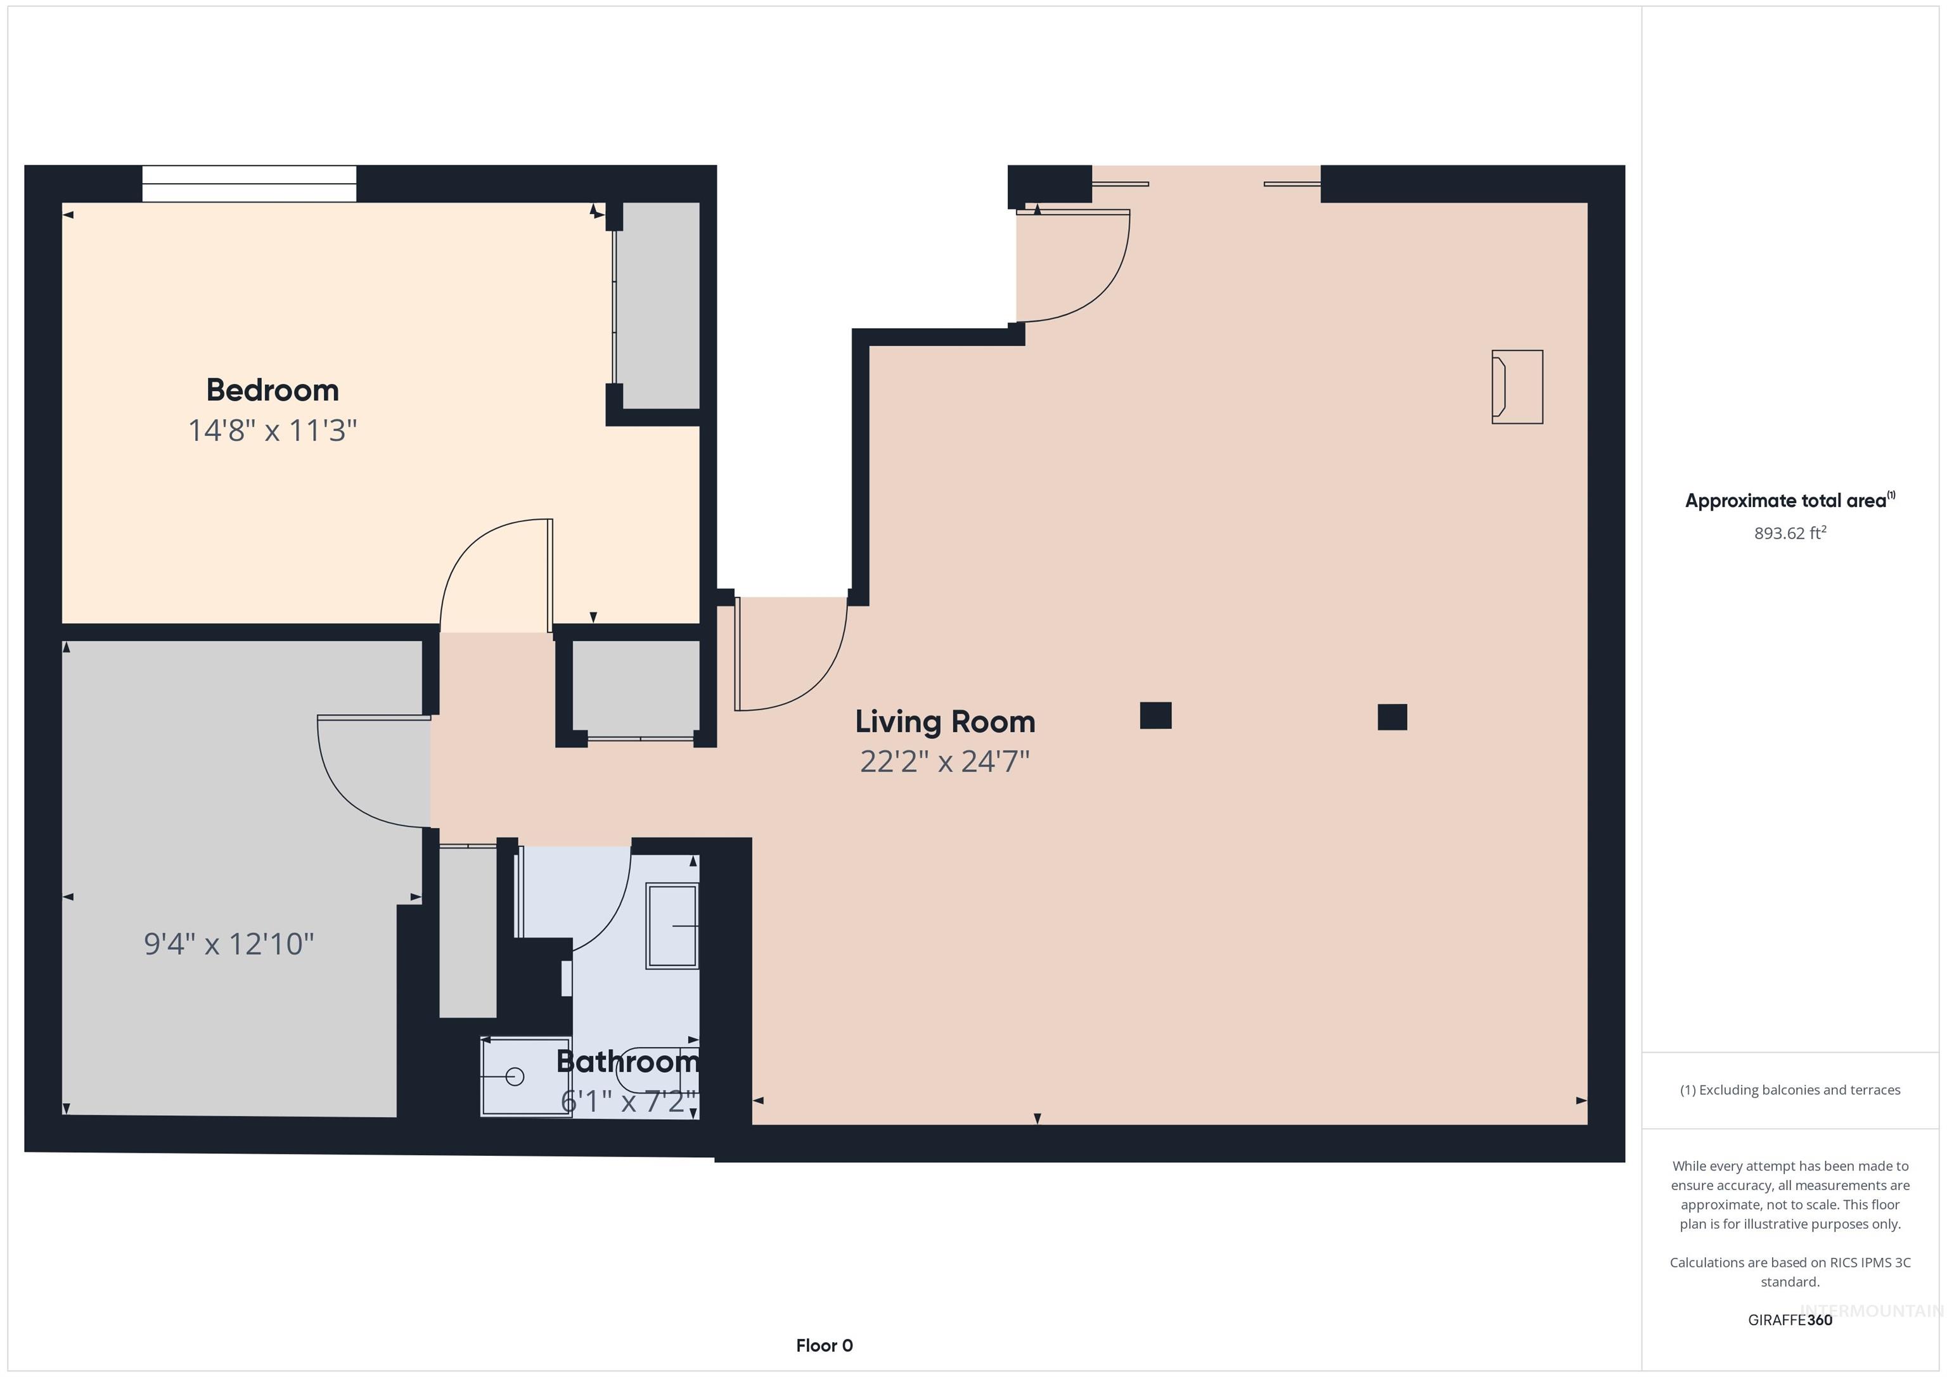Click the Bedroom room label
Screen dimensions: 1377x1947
pyautogui.click(x=272, y=390)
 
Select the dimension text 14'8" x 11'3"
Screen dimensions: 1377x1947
pyautogui.click(x=272, y=431)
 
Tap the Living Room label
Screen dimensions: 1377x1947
pyautogui.click(x=945, y=722)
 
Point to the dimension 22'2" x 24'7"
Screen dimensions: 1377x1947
pyautogui.click(x=945, y=762)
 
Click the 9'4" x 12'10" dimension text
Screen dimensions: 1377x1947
pyautogui.click(x=229, y=944)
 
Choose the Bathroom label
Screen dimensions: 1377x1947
pyautogui.click(x=627, y=1061)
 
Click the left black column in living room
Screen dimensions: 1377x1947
pyautogui.click(x=1155, y=715)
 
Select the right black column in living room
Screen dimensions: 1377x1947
pyautogui.click(x=1392, y=717)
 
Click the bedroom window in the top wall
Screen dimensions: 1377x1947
pyautogui.click(x=248, y=184)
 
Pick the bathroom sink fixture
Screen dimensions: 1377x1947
pyautogui.click(x=672, y=926)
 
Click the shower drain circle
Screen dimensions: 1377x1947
pyautogui.click(x=515, y=1077)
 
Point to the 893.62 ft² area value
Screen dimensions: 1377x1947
pyautogui.click(x=1789, y=534)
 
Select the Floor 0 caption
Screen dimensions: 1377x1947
pyautogui.click(x=823, y=1345)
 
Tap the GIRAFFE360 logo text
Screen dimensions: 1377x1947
pyautogui.click(x=1789, y=1320)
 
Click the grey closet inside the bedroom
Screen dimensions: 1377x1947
pyautogui.click(x=658, y=305)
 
